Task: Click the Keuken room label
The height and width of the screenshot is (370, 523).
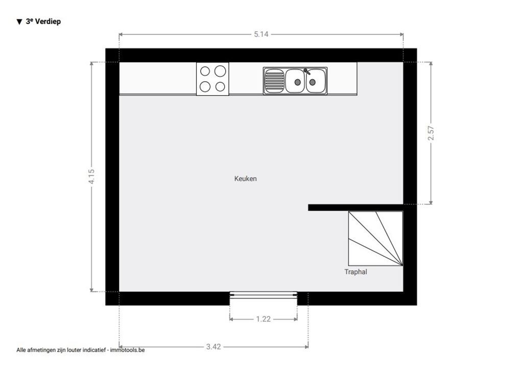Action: pos(246,179)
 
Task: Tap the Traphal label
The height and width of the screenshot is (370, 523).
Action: pos(355,272)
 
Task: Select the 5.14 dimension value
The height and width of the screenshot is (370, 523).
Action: pos(261,34)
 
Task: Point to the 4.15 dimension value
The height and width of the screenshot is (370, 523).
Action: pos(91,176)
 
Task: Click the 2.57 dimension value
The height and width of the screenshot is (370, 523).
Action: pos(431,133)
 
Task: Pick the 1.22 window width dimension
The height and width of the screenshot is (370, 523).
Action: pos(263,319)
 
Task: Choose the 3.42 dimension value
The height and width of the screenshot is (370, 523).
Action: pos(213,347)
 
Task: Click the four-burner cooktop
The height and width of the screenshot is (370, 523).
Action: pos(212,79)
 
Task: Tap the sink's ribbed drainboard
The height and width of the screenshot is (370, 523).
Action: pos(274,81)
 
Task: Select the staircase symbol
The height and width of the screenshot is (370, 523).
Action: pos(375,239)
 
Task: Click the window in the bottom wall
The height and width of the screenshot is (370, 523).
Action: pos(263,293)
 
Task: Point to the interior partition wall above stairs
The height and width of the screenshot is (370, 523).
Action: pos(355,207)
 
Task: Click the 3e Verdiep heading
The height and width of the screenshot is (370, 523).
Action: pos(43,21)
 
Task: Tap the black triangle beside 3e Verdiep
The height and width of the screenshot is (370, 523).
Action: pos(19,22)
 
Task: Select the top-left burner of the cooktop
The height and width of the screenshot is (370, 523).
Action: pos(205,72)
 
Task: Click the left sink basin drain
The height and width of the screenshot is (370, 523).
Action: pos(298,82)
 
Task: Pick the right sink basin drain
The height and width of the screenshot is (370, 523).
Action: pos(313,82)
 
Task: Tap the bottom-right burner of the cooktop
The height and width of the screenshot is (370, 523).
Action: pos(220,87)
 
